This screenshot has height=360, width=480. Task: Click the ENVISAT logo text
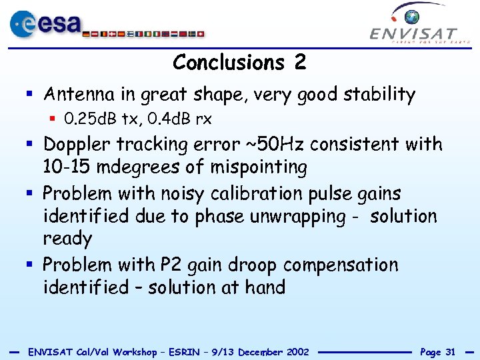pos(413,33)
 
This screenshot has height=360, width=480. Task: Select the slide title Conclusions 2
pos(239,63)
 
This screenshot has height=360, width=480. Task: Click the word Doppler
pos(77,144)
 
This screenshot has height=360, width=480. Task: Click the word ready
pos(67,239)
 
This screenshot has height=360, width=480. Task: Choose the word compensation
pos(340,265)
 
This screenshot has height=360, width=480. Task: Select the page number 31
pos(450,351)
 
